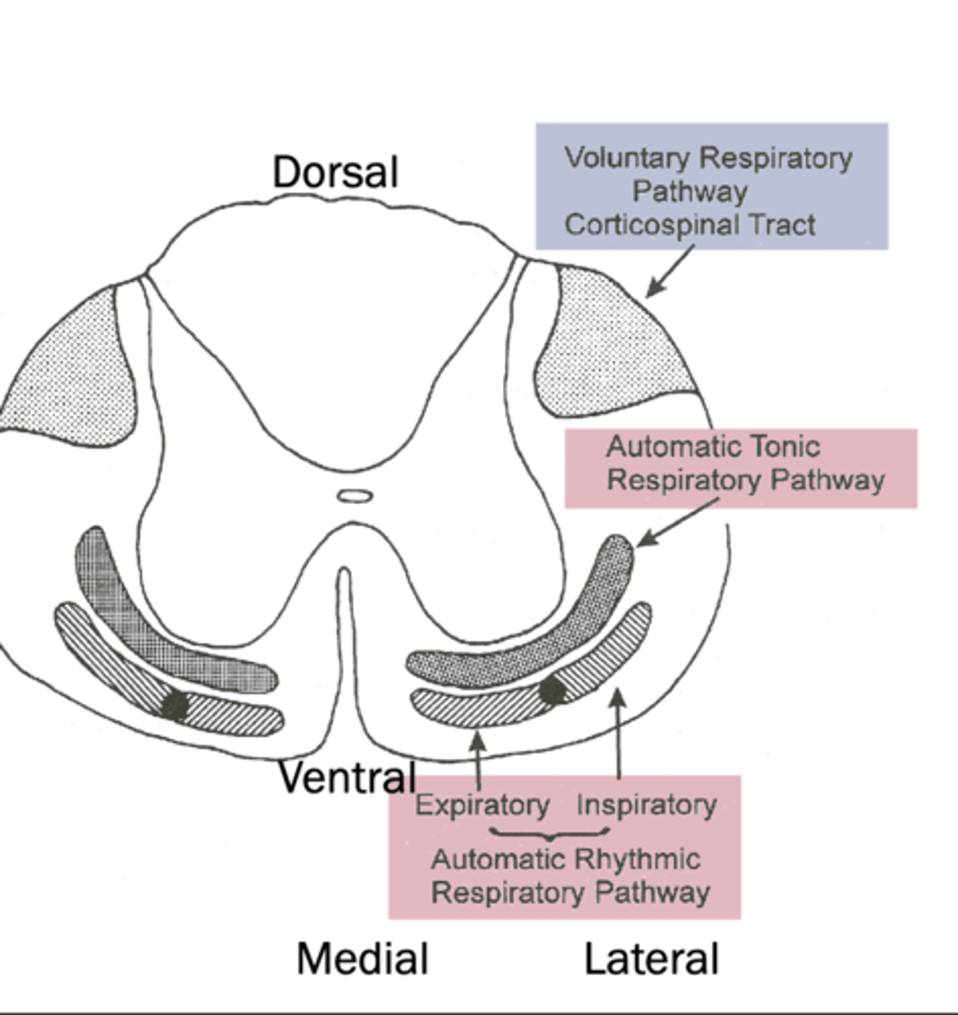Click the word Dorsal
click(x=335, y=173)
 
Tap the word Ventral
click(x=347, y=777)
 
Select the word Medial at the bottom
click(x=362, y=959)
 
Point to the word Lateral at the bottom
click(x=652, y=960)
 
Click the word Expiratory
click(x=482, y=804)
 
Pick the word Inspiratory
click(x=646, y=804)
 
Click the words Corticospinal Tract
click(x=690, y=225)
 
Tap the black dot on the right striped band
click(x=553, y=690)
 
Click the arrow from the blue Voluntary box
click(x=669, y=272)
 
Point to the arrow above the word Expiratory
click(x=478, y=761)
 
